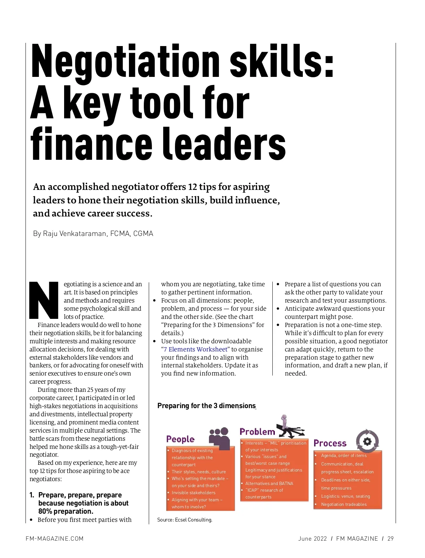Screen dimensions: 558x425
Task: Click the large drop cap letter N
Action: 43,300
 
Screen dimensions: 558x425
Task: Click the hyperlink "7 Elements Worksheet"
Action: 195,349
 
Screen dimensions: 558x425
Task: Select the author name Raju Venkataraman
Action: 70,233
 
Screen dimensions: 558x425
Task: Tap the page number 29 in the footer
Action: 390,539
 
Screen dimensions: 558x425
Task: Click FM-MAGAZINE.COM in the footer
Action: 55,539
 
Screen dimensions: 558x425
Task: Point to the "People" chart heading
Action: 180,439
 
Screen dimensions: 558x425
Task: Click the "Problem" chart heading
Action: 257,432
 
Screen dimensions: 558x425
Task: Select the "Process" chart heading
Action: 330,443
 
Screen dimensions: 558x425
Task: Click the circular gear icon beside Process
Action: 367,441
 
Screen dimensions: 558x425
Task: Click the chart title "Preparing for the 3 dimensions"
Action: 206,406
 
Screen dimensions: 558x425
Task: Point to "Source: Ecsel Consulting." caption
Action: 185,520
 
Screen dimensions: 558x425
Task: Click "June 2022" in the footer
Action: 312,539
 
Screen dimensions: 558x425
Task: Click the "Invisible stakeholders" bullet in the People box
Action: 193,493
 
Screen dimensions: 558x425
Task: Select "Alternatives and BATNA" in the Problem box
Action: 269,483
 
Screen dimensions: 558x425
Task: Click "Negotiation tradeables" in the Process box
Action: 344,505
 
